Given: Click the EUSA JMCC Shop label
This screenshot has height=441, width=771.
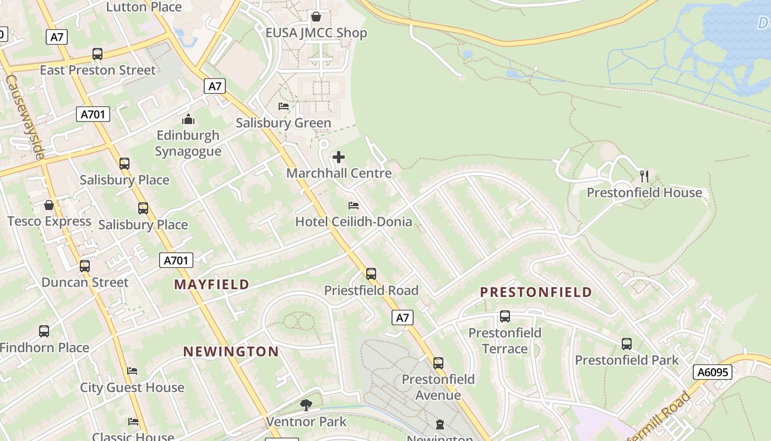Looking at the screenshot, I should [x=316, y=33].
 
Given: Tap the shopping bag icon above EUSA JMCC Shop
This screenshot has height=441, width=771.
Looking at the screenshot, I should [x=316, y=17].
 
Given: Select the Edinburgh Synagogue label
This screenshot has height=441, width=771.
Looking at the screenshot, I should [x=188, y=143].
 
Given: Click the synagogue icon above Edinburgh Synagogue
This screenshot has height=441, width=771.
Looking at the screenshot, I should [x=188, y=119].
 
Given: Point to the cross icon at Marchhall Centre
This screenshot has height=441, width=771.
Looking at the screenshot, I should [x=339, y=158].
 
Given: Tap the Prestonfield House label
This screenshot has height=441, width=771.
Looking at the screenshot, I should [x=644, y=193].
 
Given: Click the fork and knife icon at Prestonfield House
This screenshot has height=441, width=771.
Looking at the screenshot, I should [x=644, y=176].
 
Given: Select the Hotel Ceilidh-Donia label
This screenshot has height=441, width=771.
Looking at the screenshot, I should [x=354, y=222].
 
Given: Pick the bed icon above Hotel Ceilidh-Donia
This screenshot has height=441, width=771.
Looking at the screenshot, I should [x=354, y=206].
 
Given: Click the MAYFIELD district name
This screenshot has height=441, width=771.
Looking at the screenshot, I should [x=212, y=284].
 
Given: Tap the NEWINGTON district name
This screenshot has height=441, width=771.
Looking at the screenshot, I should [x=231, y=352].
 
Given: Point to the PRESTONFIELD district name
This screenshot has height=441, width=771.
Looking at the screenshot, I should [x=536, y=292].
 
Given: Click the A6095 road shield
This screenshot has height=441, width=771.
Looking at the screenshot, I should [x=713, y=372].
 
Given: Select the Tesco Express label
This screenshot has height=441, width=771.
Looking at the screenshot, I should [x=50, y=222].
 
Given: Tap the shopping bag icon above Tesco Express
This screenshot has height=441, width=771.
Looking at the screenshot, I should [x=49, y=205].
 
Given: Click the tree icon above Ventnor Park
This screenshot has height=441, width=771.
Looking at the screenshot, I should [x=306, y=406].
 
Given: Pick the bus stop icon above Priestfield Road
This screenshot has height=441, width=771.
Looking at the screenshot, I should [x=371, y=274].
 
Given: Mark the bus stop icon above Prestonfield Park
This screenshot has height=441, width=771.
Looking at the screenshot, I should [x=627, y=344].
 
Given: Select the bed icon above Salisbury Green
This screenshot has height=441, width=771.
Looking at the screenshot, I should [x=284, y=106].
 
